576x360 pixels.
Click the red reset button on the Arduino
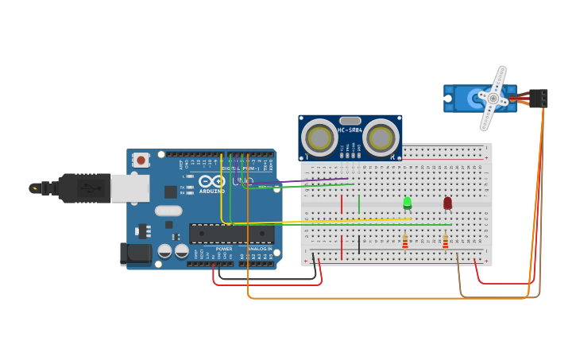tap(141, 160)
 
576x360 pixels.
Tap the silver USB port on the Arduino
tap(130, 188)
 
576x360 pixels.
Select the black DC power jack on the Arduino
tap(137, 254)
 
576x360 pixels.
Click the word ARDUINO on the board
tap(212, 191)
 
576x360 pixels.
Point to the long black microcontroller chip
tap(231, 234)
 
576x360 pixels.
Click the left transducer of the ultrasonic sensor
tap(320, 138)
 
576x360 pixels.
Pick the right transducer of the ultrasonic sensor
tap(380, 138)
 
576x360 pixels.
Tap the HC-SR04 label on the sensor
tap(350, 130)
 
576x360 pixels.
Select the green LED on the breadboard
tap(408, 203)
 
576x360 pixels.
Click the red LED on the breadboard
tap(447, 203)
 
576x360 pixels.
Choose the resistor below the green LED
tap(405, 241)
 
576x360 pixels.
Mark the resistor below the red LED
tap(445, 241)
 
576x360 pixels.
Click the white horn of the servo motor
tap(493, 99)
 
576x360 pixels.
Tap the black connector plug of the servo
tap(539, 98)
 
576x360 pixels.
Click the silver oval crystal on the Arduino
tap(168, 211)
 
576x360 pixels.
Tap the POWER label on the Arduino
tap(224, 249)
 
